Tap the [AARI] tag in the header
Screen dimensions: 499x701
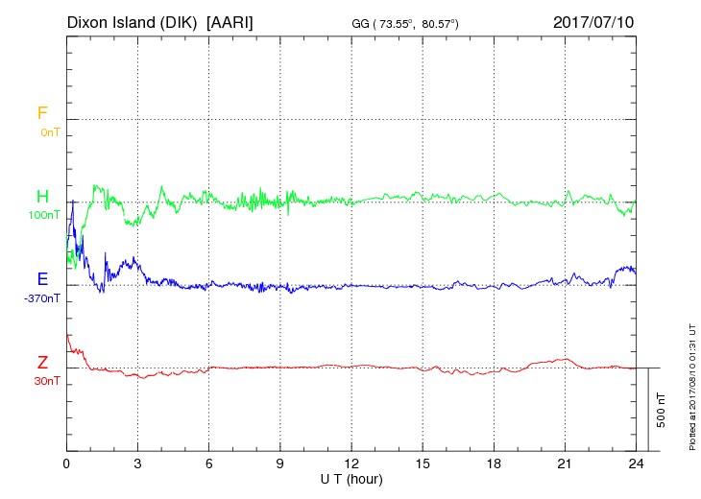(x=230, y=21)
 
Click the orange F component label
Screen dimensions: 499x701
(x=41, y=113)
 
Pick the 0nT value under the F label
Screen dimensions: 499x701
(x=50, y=132)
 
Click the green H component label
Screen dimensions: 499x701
(x=42, y=197)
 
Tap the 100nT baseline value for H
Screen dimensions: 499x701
(x=45, y=215)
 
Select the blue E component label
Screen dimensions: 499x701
(x=42, y=279)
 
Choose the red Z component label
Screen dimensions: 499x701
(x=42, y=363)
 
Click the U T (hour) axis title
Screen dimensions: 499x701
(x=350, y=478)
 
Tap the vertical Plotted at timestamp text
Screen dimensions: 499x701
(x=691, y=384)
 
